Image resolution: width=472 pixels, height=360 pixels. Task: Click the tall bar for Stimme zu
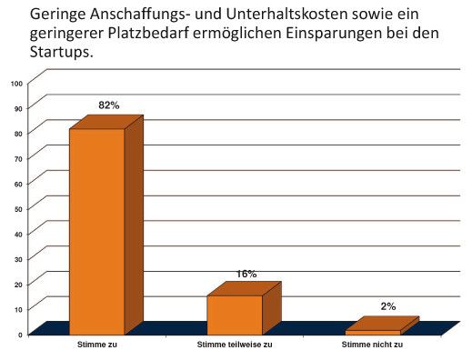[97, 231]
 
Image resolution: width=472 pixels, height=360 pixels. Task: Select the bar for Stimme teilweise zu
[235, 315]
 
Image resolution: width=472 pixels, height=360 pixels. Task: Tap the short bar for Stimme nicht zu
[372, 332]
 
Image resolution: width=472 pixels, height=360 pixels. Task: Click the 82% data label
[110, 105]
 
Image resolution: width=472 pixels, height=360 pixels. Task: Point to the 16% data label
[246, 274]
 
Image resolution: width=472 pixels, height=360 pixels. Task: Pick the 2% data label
[388, 306]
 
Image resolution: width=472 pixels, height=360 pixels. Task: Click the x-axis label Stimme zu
[97, 346]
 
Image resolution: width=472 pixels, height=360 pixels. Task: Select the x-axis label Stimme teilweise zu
[234, 346]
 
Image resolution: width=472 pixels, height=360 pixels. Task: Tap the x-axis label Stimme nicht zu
[372, 346]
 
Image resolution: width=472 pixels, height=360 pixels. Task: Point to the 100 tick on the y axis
[16, 84]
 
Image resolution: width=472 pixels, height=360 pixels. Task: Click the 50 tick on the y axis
[18, 209]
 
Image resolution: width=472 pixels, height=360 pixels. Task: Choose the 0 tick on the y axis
[20, 335]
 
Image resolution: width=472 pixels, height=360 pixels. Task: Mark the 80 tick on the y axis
[18, 134]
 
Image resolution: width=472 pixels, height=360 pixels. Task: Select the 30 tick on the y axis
[18, 259]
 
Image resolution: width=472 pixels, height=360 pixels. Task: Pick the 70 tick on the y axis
[18, 158]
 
